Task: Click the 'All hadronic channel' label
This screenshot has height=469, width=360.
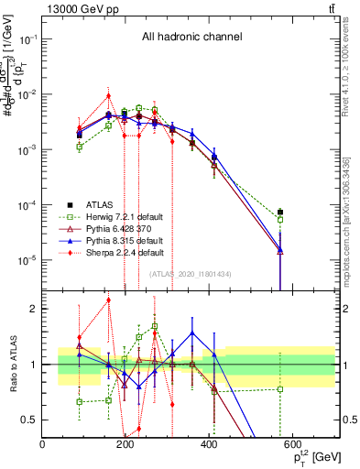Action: tap(191, 37)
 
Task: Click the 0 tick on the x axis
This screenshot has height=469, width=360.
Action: tap(43, 443)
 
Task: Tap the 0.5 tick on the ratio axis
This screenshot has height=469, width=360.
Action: tap(30, 420)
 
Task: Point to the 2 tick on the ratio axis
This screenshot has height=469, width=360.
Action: tap(35, 309)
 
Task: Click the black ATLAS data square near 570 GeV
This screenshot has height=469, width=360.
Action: tap(280, 213)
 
